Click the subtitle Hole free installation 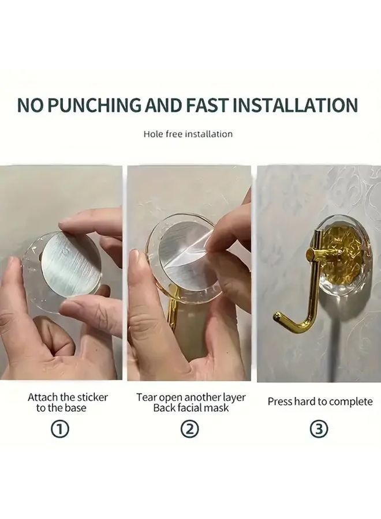188,134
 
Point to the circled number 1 61,429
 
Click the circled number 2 190,429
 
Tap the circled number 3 320,429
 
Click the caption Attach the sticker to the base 68,403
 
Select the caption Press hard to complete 320,402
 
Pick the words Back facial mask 191,408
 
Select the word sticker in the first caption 91,397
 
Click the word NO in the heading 29,106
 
